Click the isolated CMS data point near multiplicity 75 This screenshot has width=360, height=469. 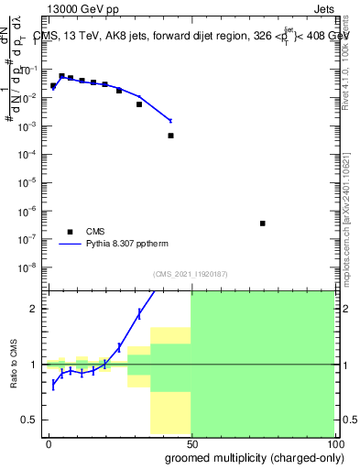[x=263, y=224]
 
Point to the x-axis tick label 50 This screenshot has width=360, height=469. [x=191, y=442]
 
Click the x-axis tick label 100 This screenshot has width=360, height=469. [x=333, y=442]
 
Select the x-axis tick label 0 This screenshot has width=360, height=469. [x=49, y=442]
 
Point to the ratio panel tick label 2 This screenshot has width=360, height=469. [x=37, y=309]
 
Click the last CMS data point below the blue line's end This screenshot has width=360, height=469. [x=170, y=136]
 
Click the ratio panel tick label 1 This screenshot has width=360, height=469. [x=37, y=365]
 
